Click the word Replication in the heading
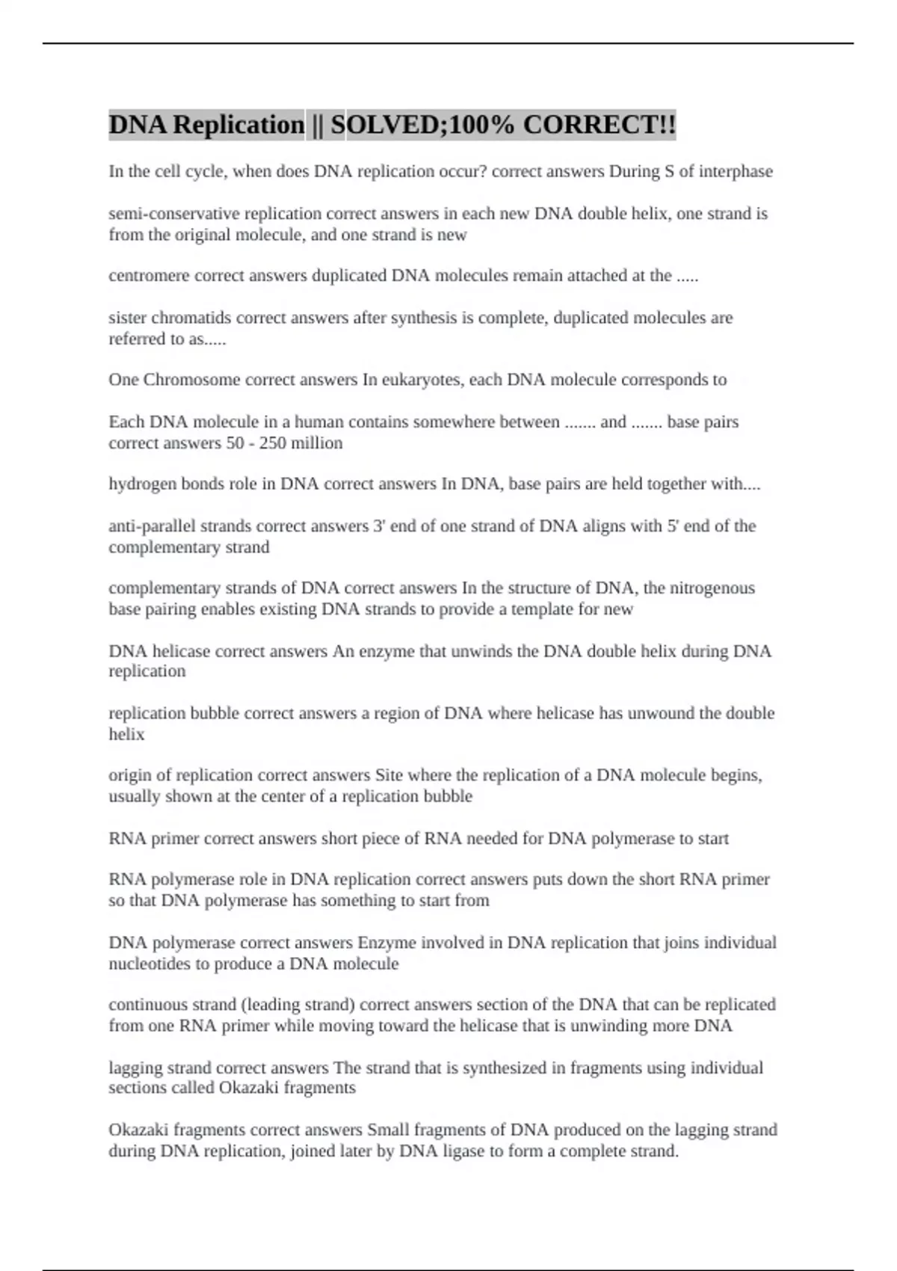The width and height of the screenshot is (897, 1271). click(238, 125)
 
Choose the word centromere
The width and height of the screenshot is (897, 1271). click(149, 276)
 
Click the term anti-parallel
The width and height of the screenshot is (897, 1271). click(149, 526)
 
